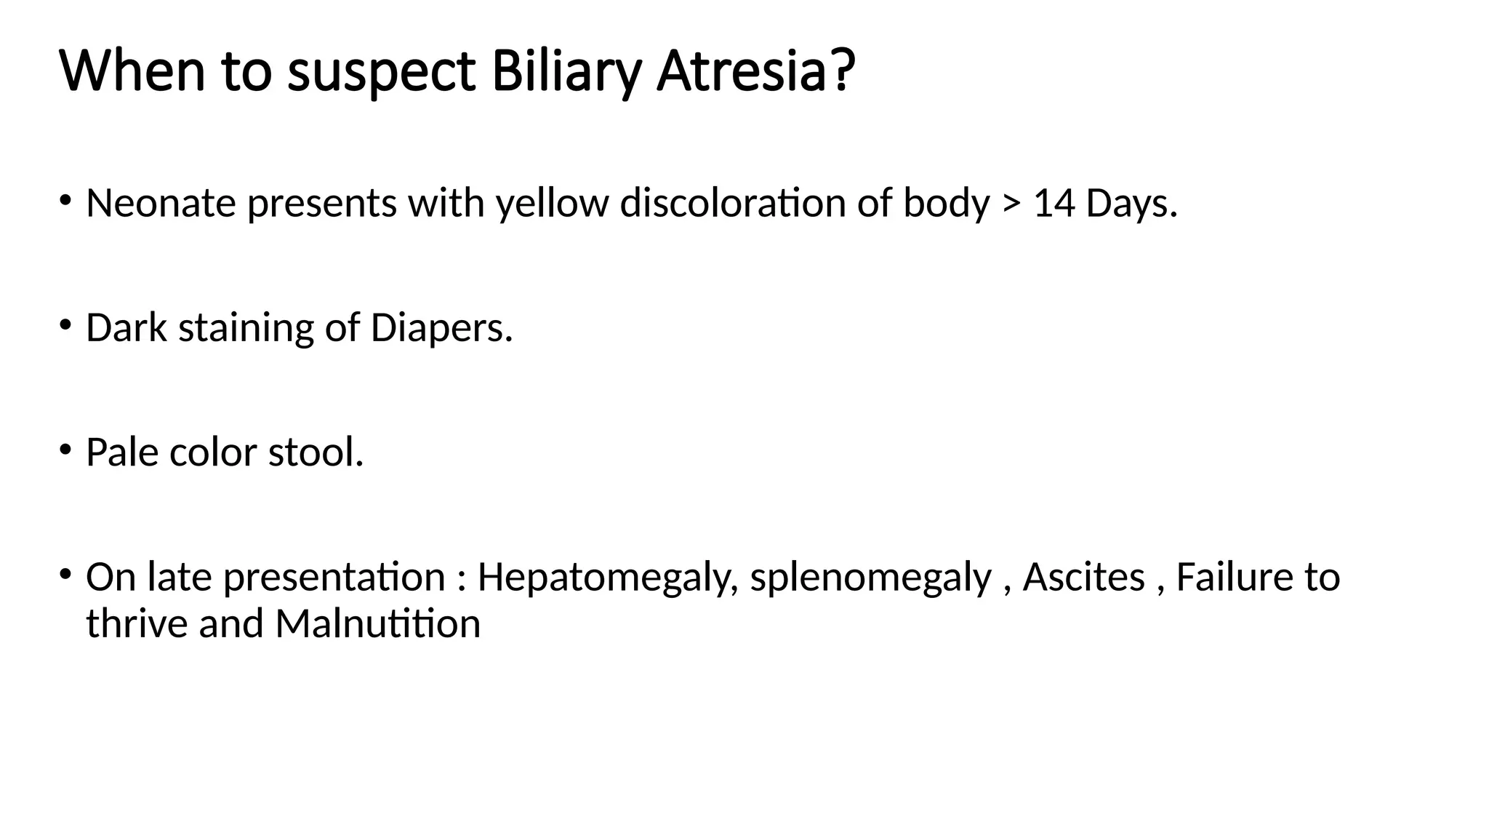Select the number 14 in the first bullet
(x=1053, y=203)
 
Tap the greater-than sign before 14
(x=1011, y=204)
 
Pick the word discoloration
(x=733, y=203)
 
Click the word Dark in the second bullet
(x=127, y=327)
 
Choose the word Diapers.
(x=441, y=329)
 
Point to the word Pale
(x=122, y=452)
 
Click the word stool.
(x=316, y=452)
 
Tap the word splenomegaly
(x=870, y=578)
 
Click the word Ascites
(x=1083, y=577)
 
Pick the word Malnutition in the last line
(x=377, y=624)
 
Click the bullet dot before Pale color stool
(x=65, y=448)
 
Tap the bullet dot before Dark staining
(x=65, y=324)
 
